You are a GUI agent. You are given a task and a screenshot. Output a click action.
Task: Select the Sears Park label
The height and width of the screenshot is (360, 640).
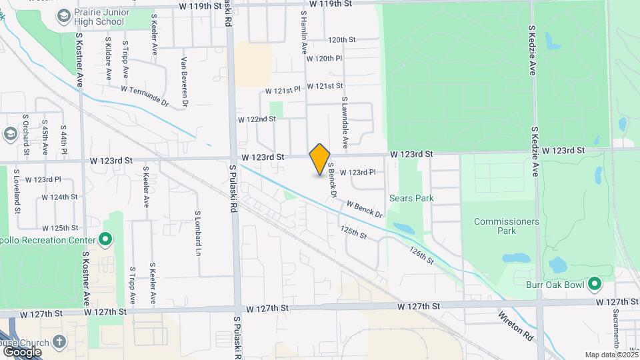click(411, 198)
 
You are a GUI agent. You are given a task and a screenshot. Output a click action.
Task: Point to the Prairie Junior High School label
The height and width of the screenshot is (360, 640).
click(99, 17)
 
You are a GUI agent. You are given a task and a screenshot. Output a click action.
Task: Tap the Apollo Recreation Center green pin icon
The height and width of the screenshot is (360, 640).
click(105, 239)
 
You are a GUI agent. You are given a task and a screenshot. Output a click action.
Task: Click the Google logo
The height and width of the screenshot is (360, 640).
click(22, 351)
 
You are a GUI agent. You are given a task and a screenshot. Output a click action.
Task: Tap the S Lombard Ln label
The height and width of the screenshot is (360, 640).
click(197, 233)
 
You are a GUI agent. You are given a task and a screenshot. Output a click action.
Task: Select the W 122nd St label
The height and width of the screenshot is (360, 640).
click(257, 119)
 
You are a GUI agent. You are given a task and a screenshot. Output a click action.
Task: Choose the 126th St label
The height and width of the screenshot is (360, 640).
click(422, 255)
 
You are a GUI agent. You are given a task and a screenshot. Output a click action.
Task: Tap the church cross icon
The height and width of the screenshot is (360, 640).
click(60, 342)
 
